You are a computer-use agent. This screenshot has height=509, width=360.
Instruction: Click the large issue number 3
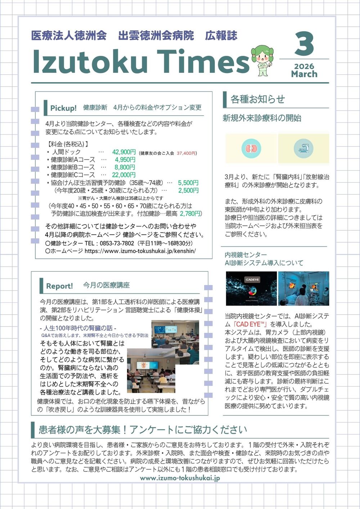304,44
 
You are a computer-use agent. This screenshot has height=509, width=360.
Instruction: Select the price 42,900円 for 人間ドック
124,152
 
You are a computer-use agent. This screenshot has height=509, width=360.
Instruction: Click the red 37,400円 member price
186,153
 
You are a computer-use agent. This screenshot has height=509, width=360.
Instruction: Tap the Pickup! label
63,108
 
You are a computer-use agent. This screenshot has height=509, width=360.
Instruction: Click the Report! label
59,286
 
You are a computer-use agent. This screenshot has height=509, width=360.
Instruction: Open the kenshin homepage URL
140,251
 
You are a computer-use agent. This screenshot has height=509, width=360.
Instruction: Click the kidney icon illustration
251,149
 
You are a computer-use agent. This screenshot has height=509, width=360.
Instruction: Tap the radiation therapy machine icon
303,149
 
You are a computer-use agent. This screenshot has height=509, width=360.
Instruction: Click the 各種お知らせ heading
257,99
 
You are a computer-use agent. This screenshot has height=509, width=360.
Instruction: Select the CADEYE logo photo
251,288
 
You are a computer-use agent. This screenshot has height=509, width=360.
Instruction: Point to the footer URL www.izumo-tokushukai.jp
180,478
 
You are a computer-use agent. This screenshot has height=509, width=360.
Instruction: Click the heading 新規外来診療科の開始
262,118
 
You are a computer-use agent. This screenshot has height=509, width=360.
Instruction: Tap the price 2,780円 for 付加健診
190,214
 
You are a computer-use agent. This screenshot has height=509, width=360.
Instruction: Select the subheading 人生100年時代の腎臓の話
78,328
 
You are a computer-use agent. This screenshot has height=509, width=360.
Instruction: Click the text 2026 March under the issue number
304,71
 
